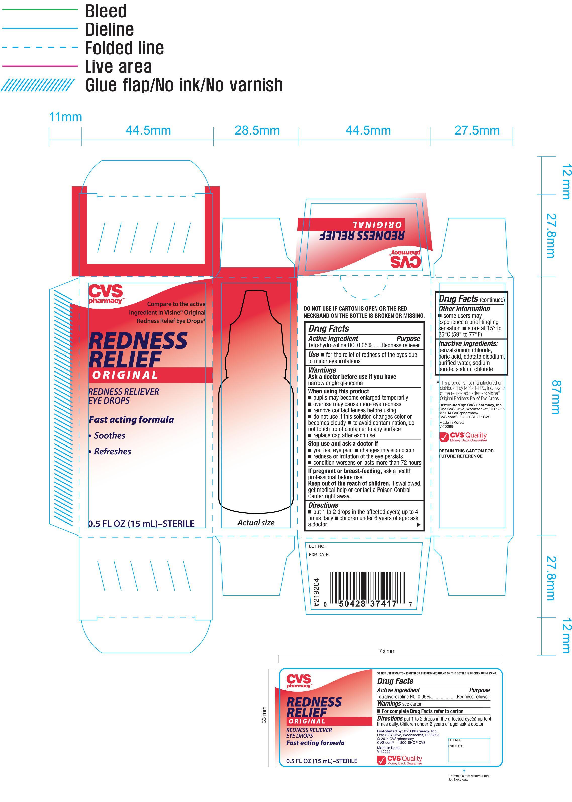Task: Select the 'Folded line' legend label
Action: pos(124,48)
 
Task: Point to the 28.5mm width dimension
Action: pos(257,130)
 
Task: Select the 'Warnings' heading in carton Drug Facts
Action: pos(322,370)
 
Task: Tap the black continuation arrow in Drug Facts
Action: pos(418,525)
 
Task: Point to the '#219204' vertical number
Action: pos(316,592)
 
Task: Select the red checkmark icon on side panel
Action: pos(444,438)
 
